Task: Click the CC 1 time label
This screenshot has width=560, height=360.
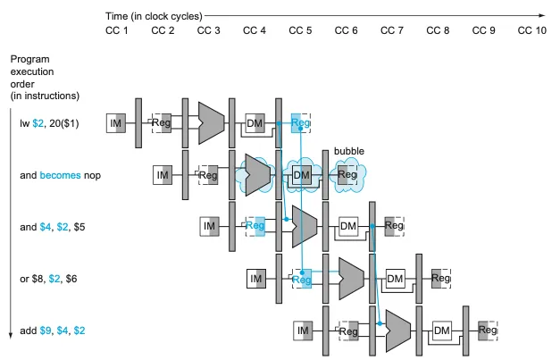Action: click(117, 31)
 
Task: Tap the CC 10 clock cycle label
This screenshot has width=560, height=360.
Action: click(532, 31)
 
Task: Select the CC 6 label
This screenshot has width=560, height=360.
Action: click(347, 31)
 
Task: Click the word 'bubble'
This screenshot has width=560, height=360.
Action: click(348, 150)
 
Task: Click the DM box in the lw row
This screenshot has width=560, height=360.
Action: click(255, 123)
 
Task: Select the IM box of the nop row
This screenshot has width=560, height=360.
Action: click(162, 175)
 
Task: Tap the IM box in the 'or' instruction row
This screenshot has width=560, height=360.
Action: click(256, 280)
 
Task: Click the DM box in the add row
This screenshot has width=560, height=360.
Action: click(441, 331)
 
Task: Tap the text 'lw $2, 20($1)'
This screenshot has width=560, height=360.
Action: click(51, 123)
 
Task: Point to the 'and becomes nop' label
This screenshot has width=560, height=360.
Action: click(61, 175)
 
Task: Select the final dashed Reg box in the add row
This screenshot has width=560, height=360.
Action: click(488, 331)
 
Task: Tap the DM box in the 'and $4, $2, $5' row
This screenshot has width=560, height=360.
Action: click(348, 227)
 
